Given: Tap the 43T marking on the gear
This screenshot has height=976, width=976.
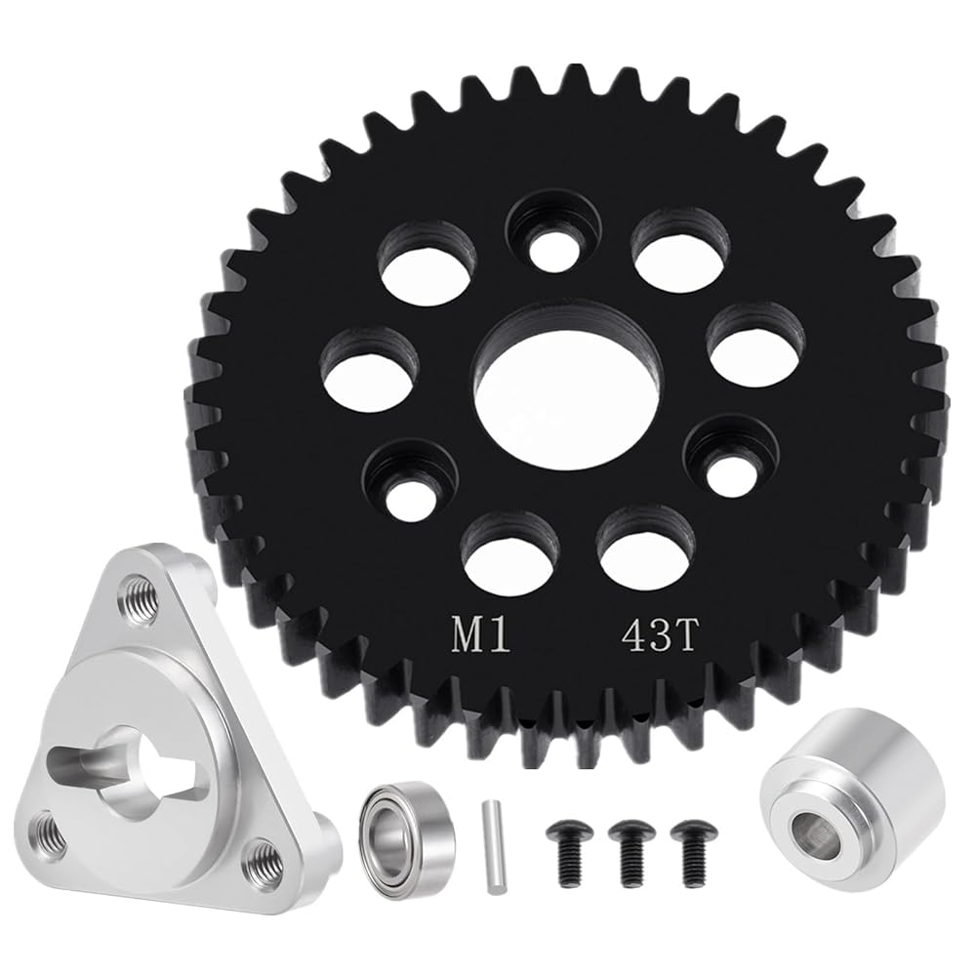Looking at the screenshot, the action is tap(657, 634).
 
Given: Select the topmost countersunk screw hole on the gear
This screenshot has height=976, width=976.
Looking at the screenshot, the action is tap(552, 233).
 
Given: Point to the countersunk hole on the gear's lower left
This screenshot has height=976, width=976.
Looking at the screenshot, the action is tap(411, 480).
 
